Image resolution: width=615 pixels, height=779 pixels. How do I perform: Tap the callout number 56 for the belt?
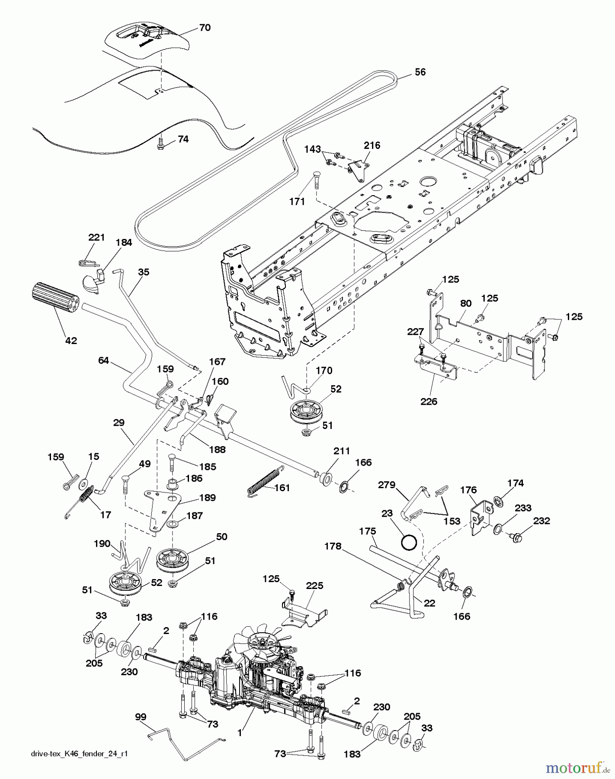click(x=420, y=72)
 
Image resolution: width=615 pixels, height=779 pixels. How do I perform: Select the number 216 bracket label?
click(x=372, y=145)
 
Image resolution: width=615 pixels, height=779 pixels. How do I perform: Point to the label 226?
click(x=428, y=401)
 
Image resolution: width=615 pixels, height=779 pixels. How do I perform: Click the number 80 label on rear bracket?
click(x=465, y=303)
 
